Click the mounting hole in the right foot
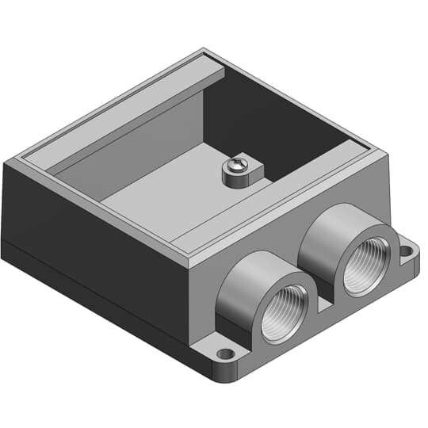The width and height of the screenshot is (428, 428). pyautogui.click(x=407, y=252)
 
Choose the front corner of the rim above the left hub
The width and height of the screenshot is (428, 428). pyautogui.click(x=190, y=266)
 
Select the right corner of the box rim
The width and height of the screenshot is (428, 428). pyautogui.click(x=386, y=151)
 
